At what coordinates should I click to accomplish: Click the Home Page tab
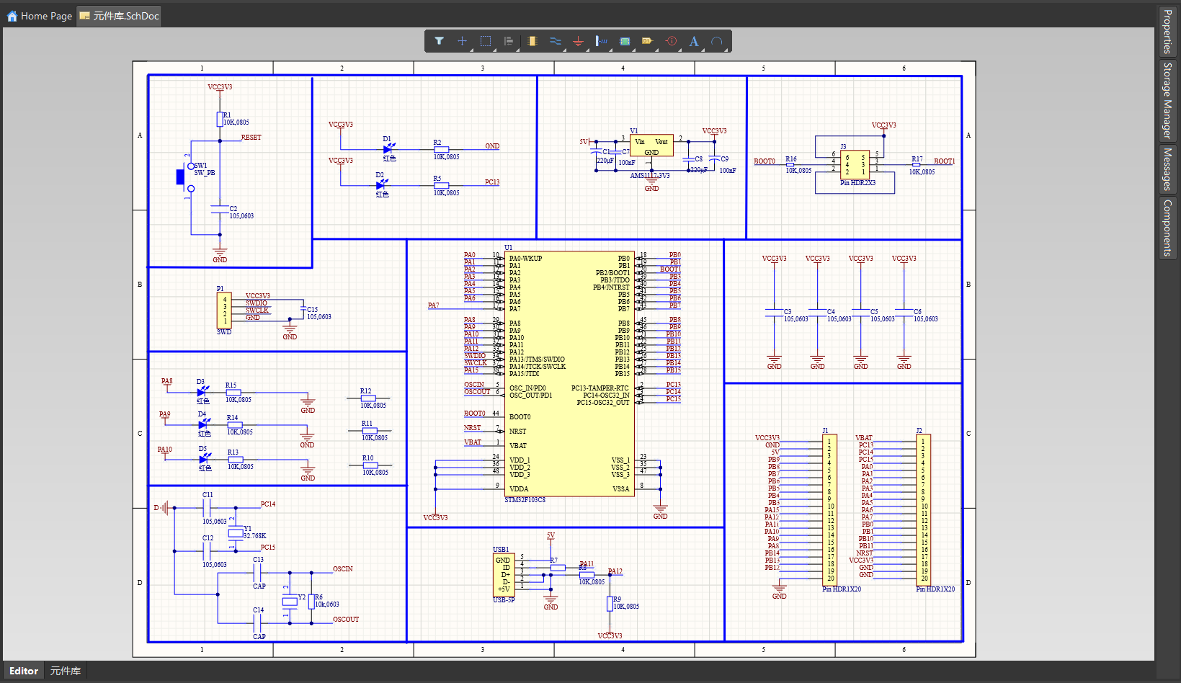[40, 16]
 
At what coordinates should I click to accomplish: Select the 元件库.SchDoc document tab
[120, 16]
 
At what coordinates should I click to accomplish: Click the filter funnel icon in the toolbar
[439, 41]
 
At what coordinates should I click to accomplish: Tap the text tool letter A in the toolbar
[694, 41]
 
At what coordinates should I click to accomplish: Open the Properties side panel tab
[1167, 31]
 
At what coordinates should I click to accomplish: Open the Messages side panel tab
[1167, 169]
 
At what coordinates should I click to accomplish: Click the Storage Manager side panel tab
[1167, 100]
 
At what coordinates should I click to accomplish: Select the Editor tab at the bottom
[24, 671]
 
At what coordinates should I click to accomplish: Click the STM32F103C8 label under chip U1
[525, 500]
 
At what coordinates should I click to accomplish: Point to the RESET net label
[251, 137]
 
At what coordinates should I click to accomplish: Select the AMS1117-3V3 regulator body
[651, 146]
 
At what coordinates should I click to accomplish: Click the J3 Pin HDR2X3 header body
[855, 164]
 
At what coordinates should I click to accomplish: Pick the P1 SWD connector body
[224, 310]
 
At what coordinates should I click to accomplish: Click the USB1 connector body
[503, 574]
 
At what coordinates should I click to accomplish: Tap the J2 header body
[923, 509]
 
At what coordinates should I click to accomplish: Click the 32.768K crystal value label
[254, 536]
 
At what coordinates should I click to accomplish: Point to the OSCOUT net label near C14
[346, 620]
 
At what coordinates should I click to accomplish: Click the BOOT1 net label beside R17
[944, 161]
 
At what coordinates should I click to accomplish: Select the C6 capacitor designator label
[917, 312]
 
